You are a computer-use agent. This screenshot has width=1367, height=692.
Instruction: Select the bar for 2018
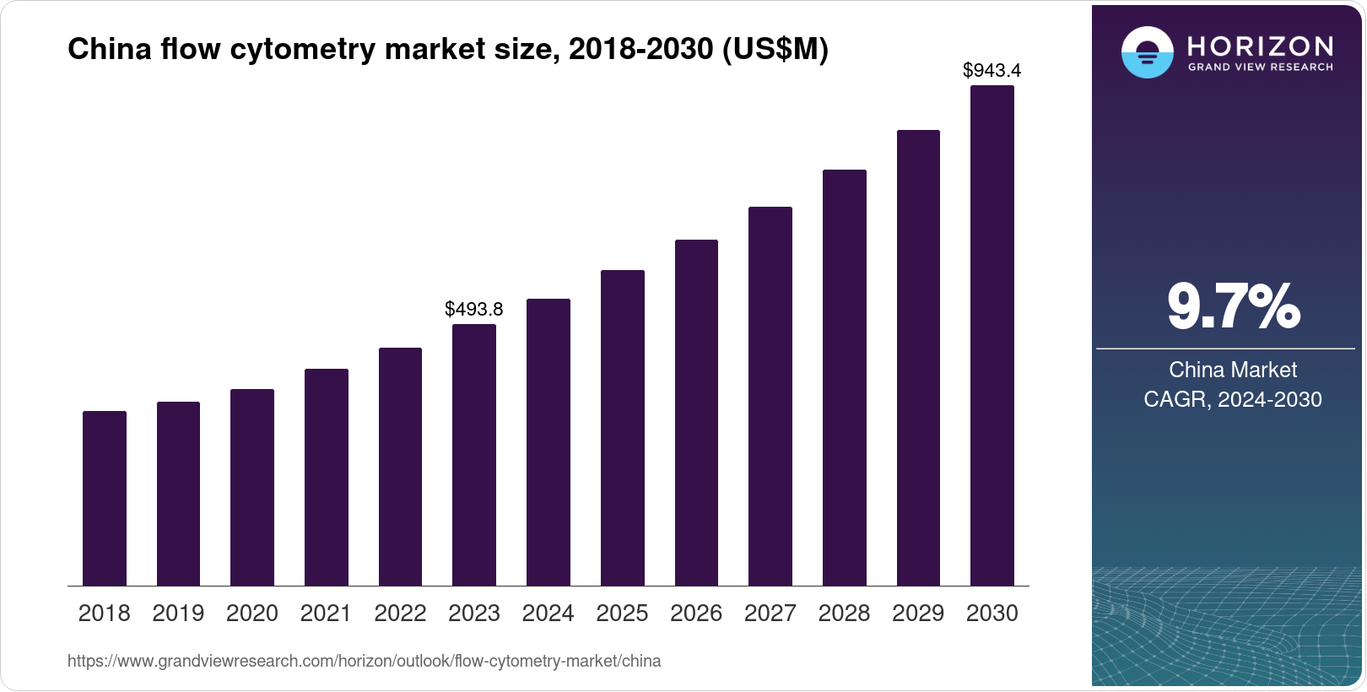coord(105,498)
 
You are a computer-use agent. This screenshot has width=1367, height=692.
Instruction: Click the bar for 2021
coord(327,477)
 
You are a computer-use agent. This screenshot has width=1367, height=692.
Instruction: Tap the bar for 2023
coord(474,455)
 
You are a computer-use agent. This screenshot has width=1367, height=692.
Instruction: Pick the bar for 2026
coord(696,413)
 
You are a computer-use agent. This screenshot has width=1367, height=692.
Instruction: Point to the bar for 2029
coord(918,358)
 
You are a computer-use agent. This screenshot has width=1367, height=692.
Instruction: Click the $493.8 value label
coord(474,309)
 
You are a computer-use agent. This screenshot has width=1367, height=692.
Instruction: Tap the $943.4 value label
coord(992,71)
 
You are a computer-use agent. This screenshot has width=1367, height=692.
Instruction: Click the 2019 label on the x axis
coord(178,614)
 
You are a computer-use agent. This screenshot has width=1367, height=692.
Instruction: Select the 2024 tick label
coord(548,614)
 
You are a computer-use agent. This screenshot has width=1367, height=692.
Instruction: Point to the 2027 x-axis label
coord(770,614)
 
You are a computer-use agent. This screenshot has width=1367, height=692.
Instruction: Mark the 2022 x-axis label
coord(400,614)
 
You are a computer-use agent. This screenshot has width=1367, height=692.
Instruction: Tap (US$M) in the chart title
coord(775,50)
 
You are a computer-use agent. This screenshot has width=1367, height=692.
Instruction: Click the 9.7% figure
coord(1234,307)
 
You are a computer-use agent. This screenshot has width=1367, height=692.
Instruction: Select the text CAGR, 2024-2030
coord(1233,399)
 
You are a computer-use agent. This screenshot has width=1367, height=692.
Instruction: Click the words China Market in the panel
coord(1233,370)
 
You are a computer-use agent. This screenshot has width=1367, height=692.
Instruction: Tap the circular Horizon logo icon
coord(1148,52)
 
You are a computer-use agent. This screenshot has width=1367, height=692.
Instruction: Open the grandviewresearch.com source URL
coord(365,662)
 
